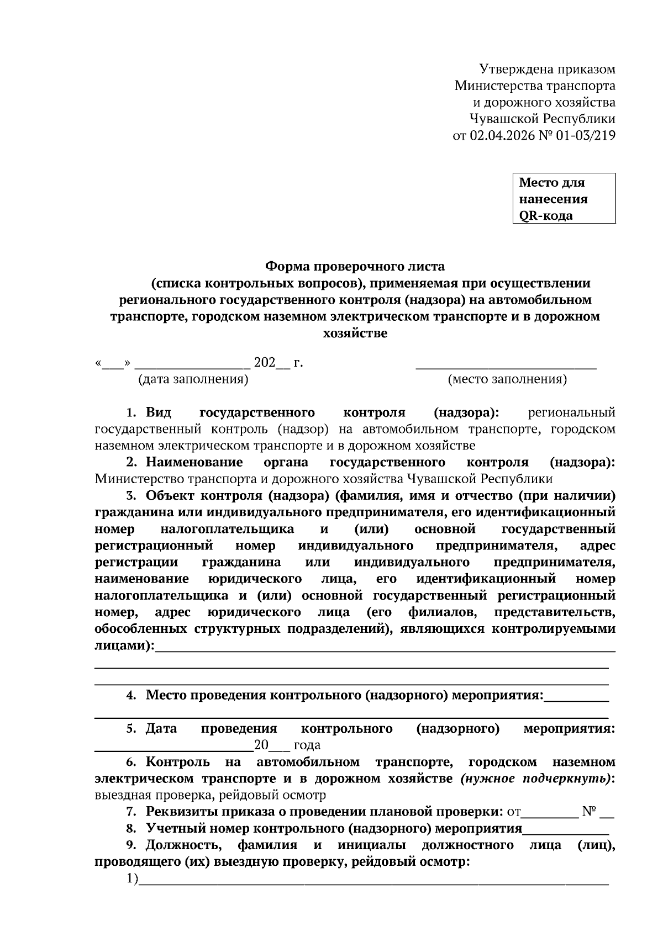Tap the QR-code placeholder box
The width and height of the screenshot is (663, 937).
click(x=564, y=198)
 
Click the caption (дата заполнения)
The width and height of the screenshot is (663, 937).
click(x=193, y=379)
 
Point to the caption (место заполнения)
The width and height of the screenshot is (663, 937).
click(x=507, y=379)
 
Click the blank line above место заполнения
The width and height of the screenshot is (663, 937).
click(x=506, y=367)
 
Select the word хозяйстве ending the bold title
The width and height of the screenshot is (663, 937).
click(x=354, y=333)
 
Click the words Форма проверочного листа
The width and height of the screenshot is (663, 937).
click(x=355, y=267)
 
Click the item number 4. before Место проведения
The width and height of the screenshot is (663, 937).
click(x=131, y=695)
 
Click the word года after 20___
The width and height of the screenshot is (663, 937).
click(x=307, y=745)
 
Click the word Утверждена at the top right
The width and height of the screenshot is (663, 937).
click(x=507, y=70)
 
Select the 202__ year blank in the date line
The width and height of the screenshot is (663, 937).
click(x=271, y=363)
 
